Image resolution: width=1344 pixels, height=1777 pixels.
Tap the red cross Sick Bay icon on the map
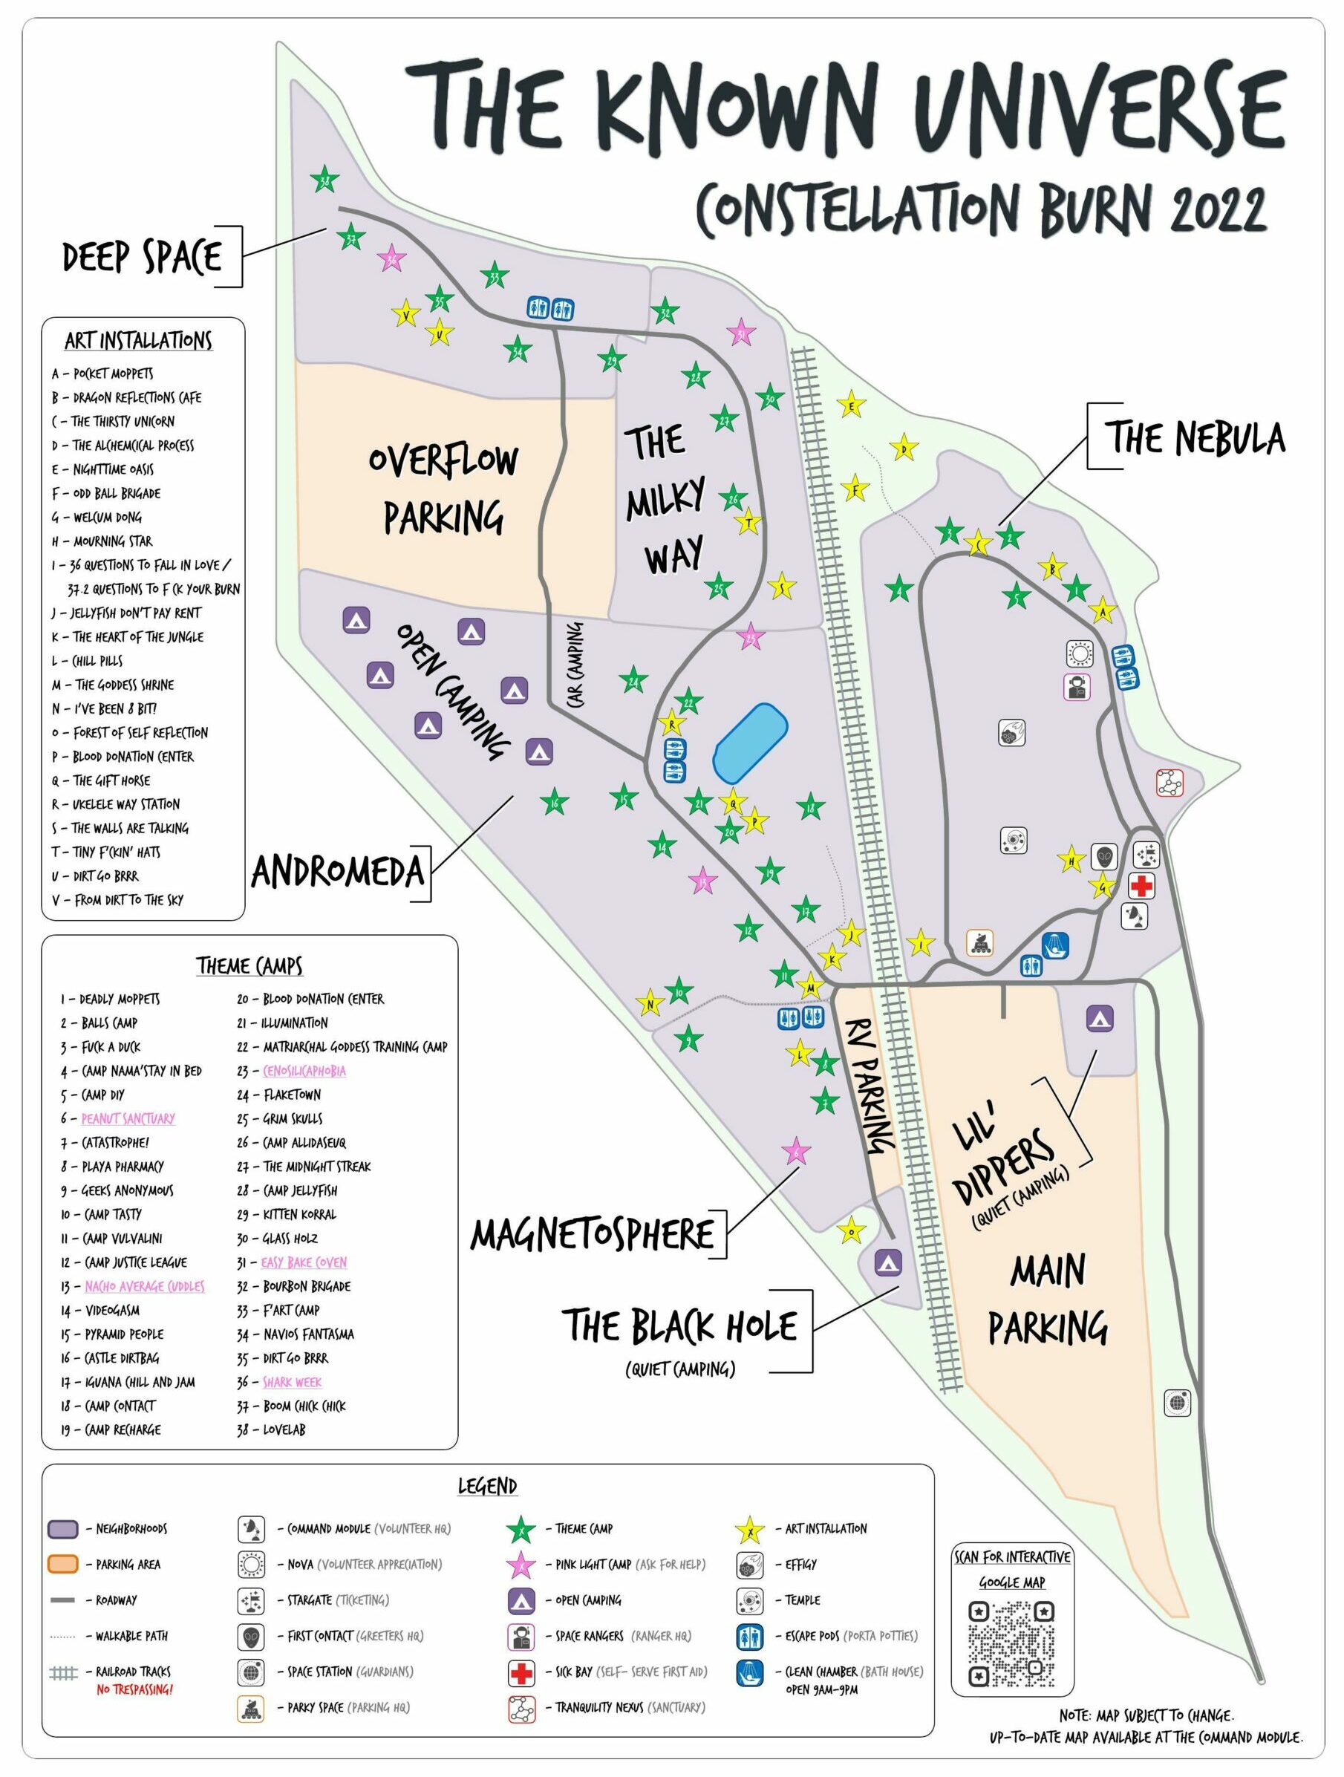pyautogui.click(x=1141, y=886)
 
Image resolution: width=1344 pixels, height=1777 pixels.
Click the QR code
pyautogui.click(x=1011, y=1643)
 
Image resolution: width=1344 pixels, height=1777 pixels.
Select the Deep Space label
pyautogui.click(x=142, y=257)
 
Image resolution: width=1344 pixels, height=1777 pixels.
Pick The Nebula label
pyautogui.click(x=1196, y=439)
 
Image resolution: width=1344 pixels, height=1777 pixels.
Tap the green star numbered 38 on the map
pyautogui.click(x=324, y=181)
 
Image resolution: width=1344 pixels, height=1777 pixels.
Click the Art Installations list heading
pyautogui.click(x=138, y=341)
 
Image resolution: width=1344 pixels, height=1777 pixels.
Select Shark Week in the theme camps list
pyautogui.click(x=292, y=1382)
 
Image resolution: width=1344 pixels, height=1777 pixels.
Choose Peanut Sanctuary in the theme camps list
pyautogui.click(x=128, y=1118)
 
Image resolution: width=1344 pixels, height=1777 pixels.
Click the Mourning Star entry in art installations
pyautogui.click(x=112, y=541)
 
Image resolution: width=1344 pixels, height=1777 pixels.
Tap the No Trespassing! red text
pyautogui.click(x=134, y=1689)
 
